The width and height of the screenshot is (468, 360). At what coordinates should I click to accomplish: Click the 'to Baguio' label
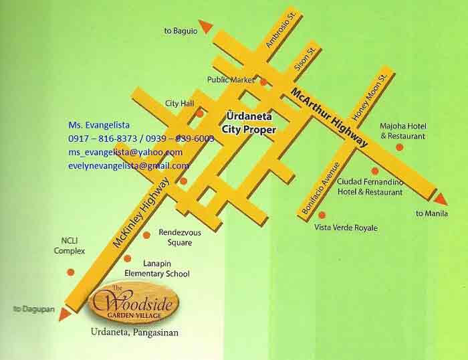tap(181, 31)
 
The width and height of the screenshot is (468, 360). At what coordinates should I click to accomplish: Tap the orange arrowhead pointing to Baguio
tap(206, 26)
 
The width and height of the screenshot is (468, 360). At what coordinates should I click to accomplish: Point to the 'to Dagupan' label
tap(31, 308)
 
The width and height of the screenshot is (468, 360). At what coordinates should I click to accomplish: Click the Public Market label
tap(231, 80)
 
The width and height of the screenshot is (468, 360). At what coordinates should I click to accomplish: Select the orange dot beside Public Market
tap(263, 82)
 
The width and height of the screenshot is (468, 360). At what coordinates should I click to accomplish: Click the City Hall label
tap(179, 103)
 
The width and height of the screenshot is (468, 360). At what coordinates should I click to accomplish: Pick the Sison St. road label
tap(305, 59)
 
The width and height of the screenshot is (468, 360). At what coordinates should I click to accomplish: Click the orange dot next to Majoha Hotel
tap(400, 147)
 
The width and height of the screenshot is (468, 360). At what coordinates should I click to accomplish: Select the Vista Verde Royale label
tap(346, 228)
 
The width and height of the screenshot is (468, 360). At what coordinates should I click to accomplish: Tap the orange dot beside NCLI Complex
tap(70, 271)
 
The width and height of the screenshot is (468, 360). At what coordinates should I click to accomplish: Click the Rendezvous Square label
tap(175, 238)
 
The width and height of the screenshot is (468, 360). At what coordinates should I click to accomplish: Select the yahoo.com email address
tap(126, 153)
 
